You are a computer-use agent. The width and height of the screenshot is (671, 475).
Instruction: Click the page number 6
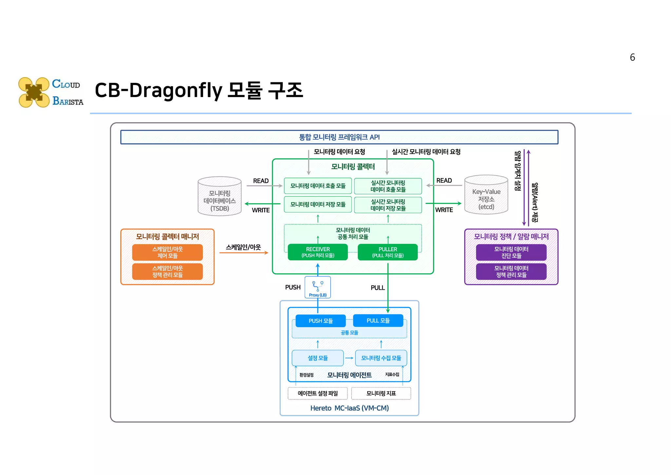tap(632, 57)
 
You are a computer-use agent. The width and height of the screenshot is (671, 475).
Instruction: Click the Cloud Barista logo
tap(50, 92)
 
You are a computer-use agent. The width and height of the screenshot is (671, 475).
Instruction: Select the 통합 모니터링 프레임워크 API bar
tap(339, 137)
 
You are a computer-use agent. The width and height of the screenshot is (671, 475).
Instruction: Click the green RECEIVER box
tap(317, 252)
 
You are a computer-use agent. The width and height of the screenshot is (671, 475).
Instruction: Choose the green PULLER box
tap(388, 252)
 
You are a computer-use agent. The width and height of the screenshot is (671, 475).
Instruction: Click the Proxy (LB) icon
tap(317, 287)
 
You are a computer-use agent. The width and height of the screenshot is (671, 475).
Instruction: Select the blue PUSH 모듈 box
tap(320, 321)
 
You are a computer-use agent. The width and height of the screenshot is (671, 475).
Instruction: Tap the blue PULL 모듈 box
tap(378, 320)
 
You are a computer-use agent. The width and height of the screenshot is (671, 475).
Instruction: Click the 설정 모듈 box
tap(317, 358)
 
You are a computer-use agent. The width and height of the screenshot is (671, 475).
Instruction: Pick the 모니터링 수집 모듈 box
tap(381, 358)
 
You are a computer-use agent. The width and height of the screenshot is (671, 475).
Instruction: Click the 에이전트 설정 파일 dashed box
tap(317, 393)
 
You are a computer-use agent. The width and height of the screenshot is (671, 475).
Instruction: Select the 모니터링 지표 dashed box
tap(381, 393)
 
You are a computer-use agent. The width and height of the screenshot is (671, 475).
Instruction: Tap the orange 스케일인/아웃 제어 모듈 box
tap(167, 252)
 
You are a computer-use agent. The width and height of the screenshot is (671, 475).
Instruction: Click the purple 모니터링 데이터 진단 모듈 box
tap(511, 252)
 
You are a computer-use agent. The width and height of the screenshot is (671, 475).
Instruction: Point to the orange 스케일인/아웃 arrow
tap(243, 253)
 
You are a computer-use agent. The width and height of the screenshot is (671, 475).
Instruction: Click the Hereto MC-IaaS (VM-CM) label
tap(349, 408)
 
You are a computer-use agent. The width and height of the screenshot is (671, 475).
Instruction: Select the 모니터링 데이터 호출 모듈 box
tap(317, 186)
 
